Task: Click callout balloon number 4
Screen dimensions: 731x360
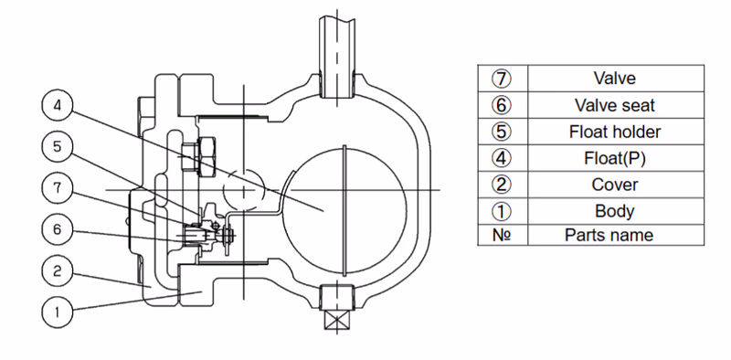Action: pyautogui.click(x=58, y=106)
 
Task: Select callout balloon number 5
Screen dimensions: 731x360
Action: pyautogui.click(x=58, y=147)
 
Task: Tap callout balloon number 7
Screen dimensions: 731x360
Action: pyautogui.click(x=58, y=188)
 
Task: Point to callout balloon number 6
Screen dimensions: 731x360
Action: pyautogui.click(x=58, y=229)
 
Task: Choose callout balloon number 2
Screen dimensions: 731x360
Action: pyautogui.click(x=58, y=270)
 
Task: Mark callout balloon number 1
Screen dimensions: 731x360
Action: pyautogui.click(x=58, y=312)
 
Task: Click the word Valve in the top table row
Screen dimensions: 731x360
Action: pyautogui.click(x=614, y=78)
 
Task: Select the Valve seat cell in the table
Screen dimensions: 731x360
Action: pyautogui.click(x=614, y=105)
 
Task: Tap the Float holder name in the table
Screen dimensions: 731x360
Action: pyautogui.click(x=614, y=132)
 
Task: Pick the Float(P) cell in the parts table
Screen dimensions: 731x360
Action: pyautogui.click(x=614, y=158)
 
